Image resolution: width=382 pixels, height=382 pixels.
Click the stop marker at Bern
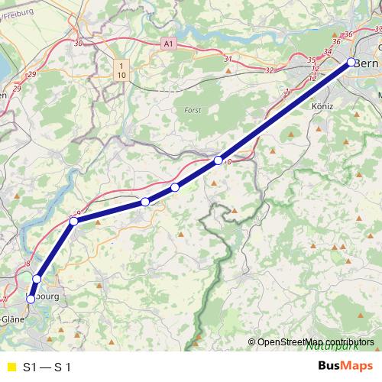[351, 63]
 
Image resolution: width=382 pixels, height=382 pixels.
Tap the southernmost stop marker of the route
[31, 299]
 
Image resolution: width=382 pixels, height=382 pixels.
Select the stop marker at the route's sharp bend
[74, 221]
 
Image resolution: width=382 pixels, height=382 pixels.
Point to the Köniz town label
[322, 107]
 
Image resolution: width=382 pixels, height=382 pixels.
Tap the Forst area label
[193, 110]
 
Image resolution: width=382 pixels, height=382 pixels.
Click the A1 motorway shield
[169, 46]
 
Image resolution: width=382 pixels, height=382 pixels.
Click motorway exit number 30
[78, 44]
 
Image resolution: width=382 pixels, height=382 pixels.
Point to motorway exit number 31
[228, 59]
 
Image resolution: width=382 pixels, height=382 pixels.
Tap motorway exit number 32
[268, 70]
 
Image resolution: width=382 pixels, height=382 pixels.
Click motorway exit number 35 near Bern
[311, 60]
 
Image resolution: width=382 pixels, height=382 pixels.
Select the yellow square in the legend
[10, 366]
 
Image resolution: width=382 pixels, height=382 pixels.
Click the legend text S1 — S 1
[47, 366]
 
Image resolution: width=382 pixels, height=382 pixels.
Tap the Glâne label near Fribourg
[11, 319]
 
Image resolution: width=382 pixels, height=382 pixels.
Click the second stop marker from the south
[37, 279]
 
